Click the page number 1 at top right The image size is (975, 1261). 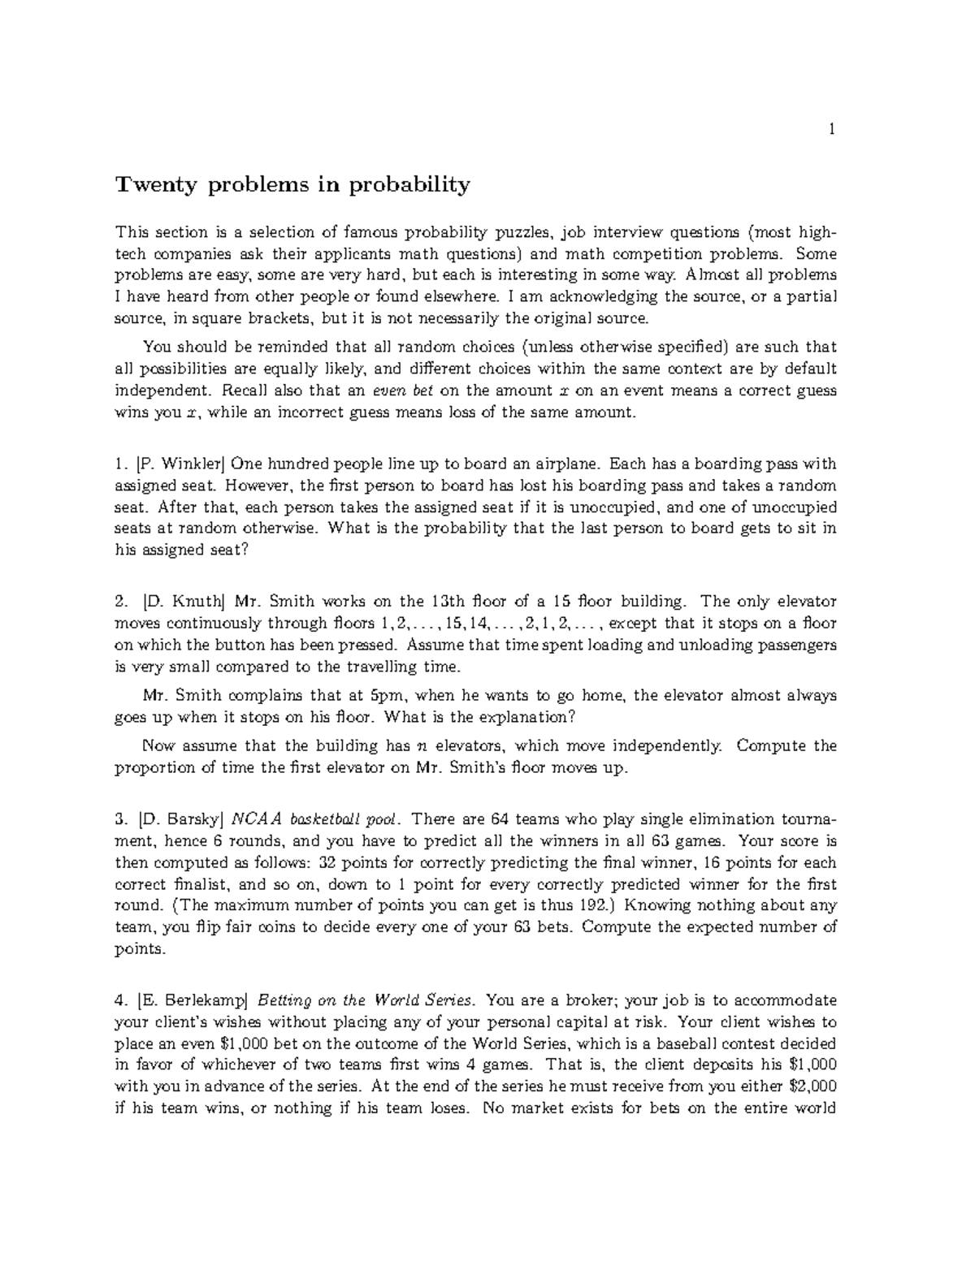(x=832, y=128)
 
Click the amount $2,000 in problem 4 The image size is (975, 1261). (x=812, y=1086)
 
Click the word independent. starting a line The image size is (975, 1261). (x=157, y=391)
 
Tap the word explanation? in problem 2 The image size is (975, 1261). (x=527, y=718)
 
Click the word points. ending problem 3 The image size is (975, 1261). (x=140, y=948)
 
